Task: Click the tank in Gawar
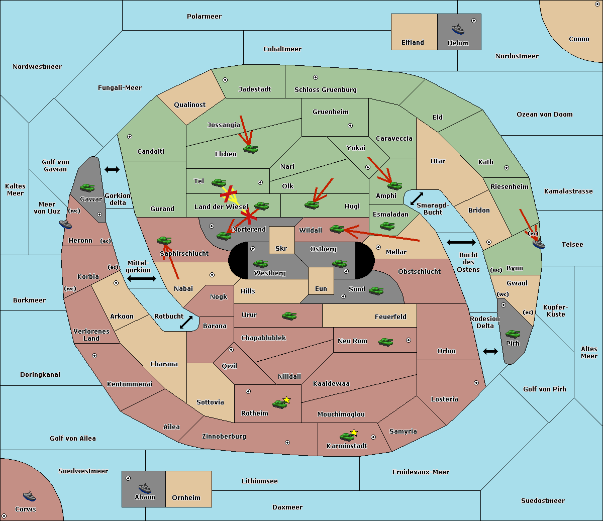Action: pos(87,187)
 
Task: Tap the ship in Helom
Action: pos(458,29)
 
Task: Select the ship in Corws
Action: pos(29,496)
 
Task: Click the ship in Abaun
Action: pos(145,487)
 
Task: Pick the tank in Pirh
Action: pos(513,334)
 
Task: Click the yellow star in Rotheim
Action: pos(287,400)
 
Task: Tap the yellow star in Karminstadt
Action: pos(354,433)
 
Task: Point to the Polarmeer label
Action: pos(204,17)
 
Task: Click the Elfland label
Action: pos(413,43)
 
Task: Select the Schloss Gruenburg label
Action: pos(325,90)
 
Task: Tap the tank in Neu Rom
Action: pos(385,342)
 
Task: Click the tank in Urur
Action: pos(289,316)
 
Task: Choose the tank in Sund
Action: pos(376,290)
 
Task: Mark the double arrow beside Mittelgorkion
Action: pos(142,278)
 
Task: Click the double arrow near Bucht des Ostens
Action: pos(461,243)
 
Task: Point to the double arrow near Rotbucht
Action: pos(186,322)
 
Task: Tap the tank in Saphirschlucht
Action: pos(164,241)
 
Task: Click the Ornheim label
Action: pos(186,498)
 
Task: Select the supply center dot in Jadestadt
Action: pos(225,79)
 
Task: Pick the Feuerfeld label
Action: pos(390,317)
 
